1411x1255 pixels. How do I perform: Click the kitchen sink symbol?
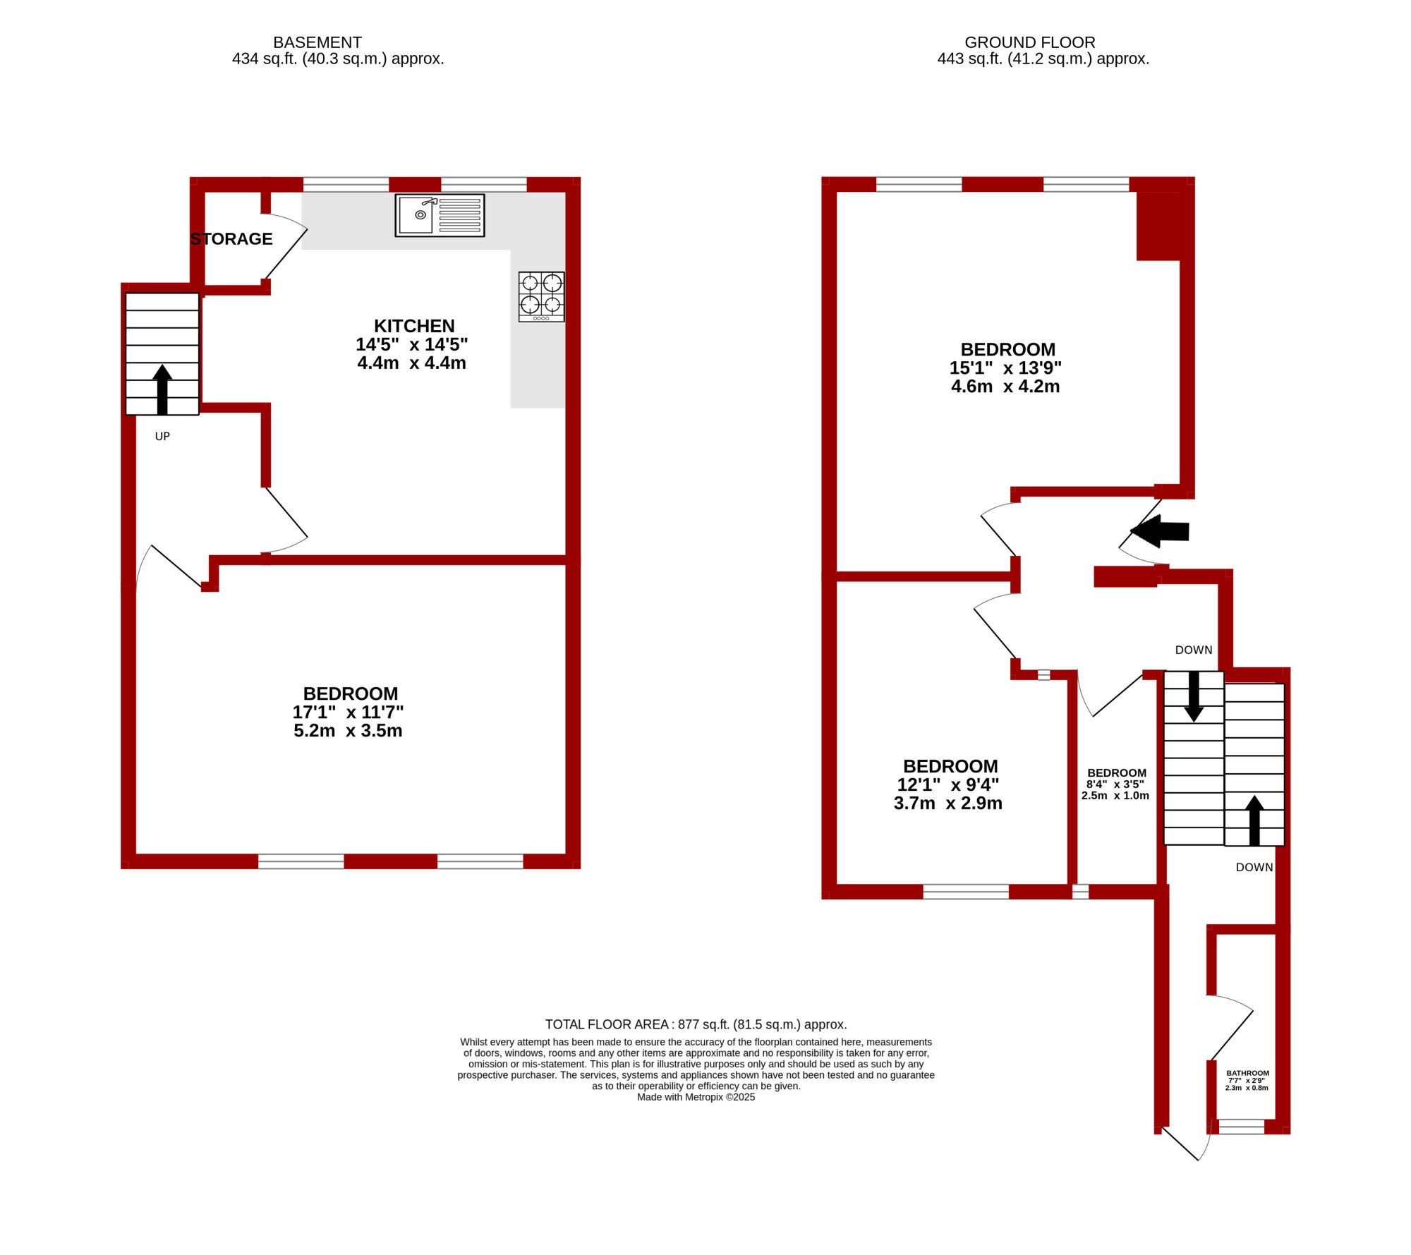[440, 215]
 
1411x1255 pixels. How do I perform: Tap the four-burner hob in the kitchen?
[541, 296]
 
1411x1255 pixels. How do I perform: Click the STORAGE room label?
[231, 239]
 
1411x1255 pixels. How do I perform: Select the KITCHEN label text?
[414, 326]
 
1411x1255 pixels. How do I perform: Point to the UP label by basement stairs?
[162, 437]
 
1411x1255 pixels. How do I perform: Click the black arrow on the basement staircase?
[162, 389]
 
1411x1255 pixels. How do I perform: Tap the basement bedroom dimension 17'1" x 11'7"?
[348, 712]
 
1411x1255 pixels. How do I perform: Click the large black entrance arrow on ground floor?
[1160, 531]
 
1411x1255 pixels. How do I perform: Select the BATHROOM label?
[1247, 1073]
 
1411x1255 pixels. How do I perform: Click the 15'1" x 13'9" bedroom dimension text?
[1005, 368]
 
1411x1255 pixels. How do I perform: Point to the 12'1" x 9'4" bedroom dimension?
[947, 784]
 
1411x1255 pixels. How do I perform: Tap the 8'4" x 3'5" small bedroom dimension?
[1115, 784]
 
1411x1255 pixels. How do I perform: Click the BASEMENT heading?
[317, 42]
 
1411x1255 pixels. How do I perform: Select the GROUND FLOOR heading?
[1030, 42]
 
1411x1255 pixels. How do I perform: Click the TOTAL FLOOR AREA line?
[696, 1024]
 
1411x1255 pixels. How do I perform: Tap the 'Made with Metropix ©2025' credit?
[696, 1097]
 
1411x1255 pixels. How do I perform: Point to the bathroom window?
[1242, 1127]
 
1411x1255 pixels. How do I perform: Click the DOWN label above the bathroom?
[1254, 868]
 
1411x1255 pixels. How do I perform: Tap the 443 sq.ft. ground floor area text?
[1043, 59]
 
